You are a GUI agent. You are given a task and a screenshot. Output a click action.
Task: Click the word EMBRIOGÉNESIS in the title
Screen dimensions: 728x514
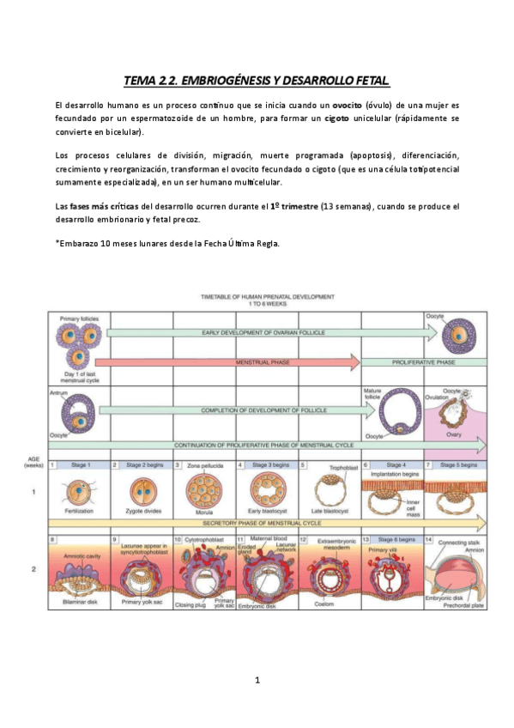point(216,82)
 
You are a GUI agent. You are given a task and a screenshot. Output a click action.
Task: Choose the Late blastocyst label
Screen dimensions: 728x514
point(329,510)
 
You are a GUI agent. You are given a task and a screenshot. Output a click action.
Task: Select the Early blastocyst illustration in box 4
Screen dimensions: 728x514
point(264,488)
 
